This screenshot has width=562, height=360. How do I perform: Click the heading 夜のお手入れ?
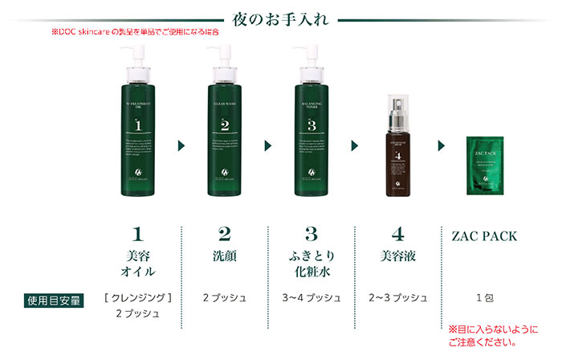[279, 18]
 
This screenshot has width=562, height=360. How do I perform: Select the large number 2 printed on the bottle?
[224, 125]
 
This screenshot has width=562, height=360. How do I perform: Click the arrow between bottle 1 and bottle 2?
[181, 146]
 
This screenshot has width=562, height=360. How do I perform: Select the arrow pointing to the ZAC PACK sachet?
[441, 146]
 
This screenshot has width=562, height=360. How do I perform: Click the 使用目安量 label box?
[55, 301]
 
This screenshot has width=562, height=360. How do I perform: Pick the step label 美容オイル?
[137, 264]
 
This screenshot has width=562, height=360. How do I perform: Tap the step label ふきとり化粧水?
[311, 264]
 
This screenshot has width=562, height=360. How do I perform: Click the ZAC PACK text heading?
[484, 236]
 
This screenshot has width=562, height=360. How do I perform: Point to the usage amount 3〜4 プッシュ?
[311, 298]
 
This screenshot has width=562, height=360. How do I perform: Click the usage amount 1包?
[484, 298]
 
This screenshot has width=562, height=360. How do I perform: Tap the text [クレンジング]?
[138, 298]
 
